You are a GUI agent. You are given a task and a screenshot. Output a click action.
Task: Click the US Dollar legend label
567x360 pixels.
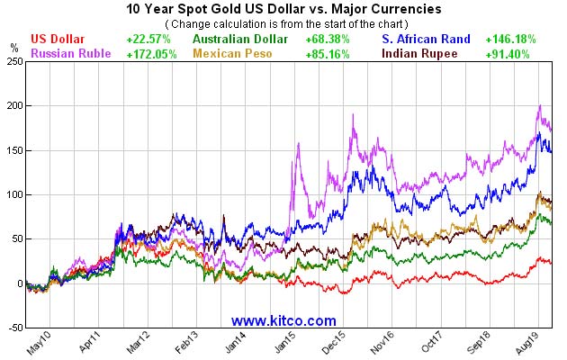click(x=58, y=40)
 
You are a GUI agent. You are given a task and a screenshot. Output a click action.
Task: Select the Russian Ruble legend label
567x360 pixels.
click(x=71, y=53)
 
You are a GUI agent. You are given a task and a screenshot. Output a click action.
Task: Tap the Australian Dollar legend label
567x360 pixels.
click(x=240, y=40)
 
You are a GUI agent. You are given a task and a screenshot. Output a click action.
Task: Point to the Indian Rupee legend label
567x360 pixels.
click(x=420, y=53)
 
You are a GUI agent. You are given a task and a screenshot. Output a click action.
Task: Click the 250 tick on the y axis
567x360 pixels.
click(x=14, y=61)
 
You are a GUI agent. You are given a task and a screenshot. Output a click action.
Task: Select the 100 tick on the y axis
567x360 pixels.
click(x=14, y=194)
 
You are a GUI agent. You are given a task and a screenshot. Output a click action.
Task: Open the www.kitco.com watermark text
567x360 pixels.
click(x=283, y=320)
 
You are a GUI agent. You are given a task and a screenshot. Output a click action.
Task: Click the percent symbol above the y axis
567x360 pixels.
click(x=13, y=46)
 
